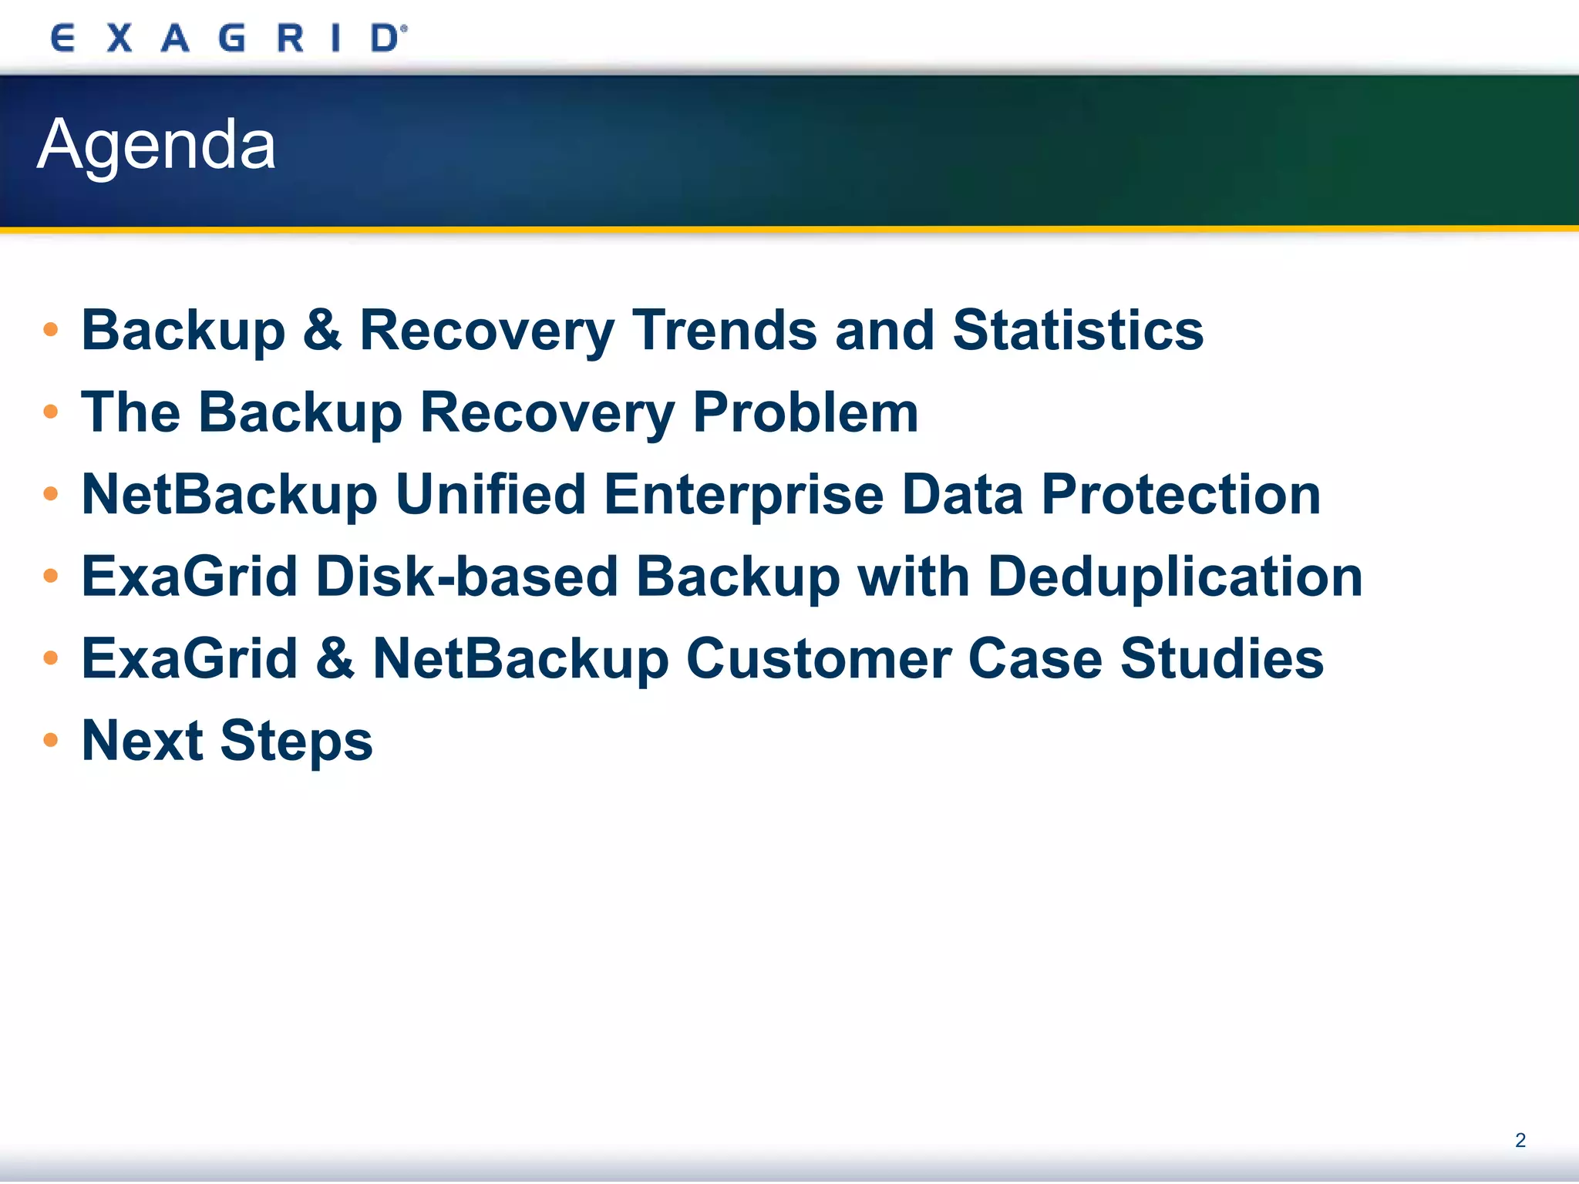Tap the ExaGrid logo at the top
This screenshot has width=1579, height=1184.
pos(228,38)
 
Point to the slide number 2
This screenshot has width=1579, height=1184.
pos(1520,1140)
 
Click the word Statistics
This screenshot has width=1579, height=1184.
pos(1077,330)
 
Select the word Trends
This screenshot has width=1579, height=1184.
pos(724,330)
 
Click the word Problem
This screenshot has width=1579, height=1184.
pos(805,412)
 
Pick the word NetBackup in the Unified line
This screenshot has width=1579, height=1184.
pos(229,495)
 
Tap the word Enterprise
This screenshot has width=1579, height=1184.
pos(743,495)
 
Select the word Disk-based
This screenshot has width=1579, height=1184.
pos(466,577)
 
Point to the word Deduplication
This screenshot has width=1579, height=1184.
pos(1175,577)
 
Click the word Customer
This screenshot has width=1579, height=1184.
pos(818,659)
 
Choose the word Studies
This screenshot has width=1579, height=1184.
pos(1221,659)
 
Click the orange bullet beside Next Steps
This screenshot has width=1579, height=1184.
pos(51,741)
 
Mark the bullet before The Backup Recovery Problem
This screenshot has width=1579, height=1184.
pos(51,412)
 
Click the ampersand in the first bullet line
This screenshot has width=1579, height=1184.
pos(322,330)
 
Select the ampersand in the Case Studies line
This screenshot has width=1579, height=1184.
pos(335,659)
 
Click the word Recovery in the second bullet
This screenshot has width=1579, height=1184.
pos(547,412)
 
